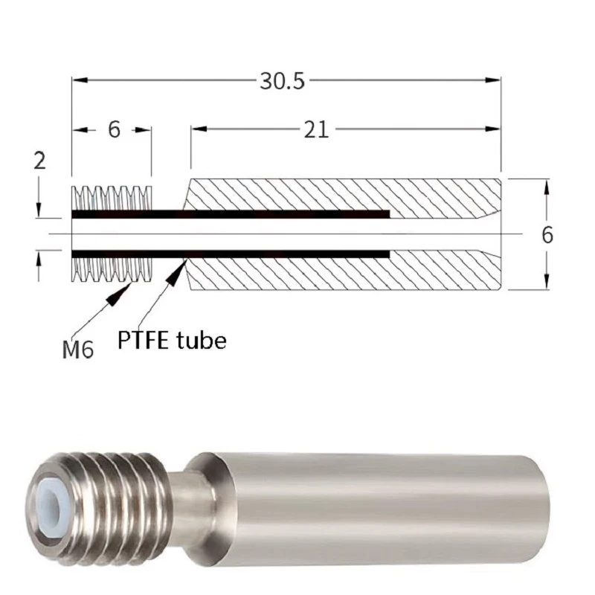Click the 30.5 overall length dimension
pos(282,80)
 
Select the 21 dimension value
pos(315,129)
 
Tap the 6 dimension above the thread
pos(114,129)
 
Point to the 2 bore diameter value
pos(39,161)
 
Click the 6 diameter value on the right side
pos(547,235)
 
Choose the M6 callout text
pos(78,348)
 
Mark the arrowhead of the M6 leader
pos(120,293)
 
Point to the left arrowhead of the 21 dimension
pos(198,129)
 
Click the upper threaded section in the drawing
pos(112,197)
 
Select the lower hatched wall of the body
pos(342,273)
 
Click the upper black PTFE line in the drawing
pos(231,215)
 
